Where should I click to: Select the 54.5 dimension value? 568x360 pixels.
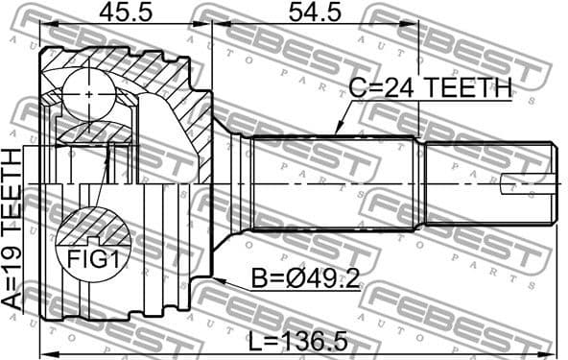pyautogui.click(x=313, y=12)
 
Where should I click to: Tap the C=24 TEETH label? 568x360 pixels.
pyautogui.click(x=429, y=88)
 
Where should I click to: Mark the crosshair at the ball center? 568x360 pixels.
pyautogui.click(x=88, y=95)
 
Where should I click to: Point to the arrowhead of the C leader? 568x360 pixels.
pyautogui.click(x=337, y=132)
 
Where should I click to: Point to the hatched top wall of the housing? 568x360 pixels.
pyautogui.click(x=144, y=67)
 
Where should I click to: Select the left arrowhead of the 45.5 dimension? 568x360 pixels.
pyautogui.click(x=43, y=23)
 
